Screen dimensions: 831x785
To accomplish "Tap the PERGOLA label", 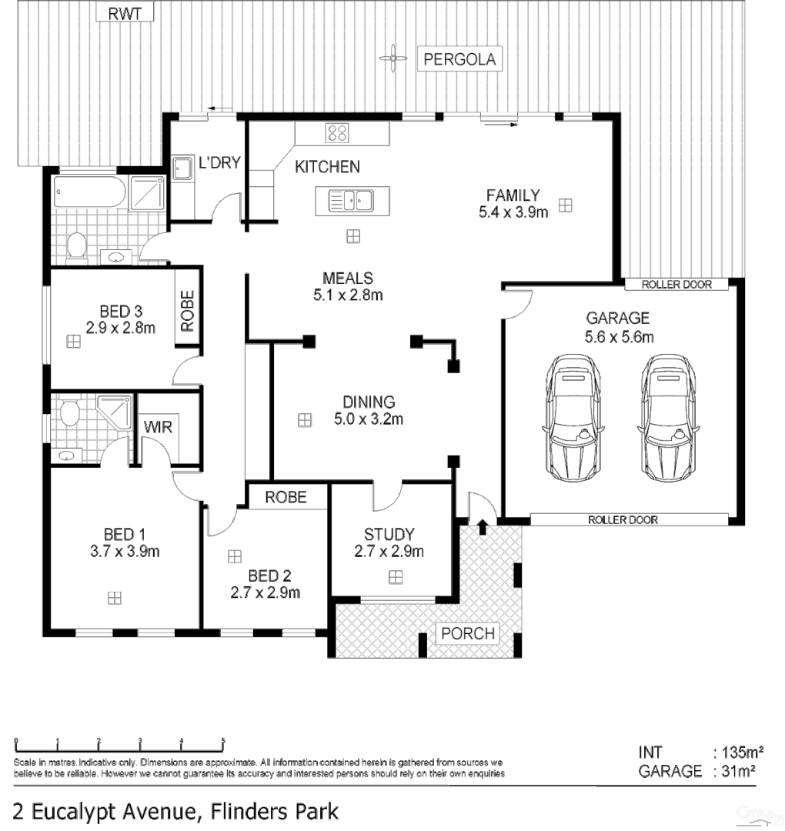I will tap(459, 59).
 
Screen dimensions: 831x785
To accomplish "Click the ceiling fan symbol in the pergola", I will tap(392, 57).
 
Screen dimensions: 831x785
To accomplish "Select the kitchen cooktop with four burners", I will tap(337, 132).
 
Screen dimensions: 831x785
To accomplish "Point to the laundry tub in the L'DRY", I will tap(182, 168).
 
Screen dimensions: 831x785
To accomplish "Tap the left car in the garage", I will tap(571, 415).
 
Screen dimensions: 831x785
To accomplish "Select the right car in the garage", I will tap(667, 415).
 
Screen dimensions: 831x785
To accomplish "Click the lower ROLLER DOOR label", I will tap(623, 519).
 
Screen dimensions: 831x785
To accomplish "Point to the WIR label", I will tap(158, 426).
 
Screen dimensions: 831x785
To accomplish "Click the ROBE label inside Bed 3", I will tap(187, 310).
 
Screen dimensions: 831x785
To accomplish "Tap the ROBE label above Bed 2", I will tap(286, 497).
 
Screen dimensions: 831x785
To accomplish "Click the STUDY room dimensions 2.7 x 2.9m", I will tap(389, 551).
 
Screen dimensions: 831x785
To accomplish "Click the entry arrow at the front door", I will tap(483, 527).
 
